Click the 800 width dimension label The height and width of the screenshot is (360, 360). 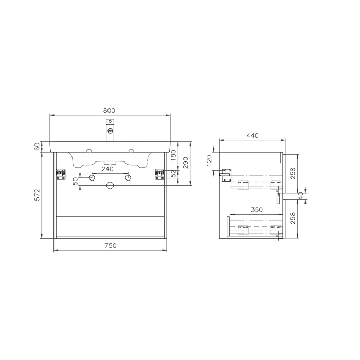tap(109, 110)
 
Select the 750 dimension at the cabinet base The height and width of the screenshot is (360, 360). tap(110, 245)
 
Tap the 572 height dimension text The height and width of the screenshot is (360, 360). tap(37, 194)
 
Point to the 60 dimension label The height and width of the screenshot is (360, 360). tap(37, 147)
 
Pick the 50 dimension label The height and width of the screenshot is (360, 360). tap(75, 181)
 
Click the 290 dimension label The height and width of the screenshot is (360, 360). tap(186, 163)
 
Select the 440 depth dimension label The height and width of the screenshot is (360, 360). tap(252, 135)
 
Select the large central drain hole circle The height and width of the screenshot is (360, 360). tap(110, 186)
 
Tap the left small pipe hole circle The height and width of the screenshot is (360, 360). tap(92, 178)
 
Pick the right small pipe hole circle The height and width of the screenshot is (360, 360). tap(128, 178)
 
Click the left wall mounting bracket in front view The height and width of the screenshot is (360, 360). tap(61, 174)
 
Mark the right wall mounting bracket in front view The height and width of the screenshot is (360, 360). tap(159, 174)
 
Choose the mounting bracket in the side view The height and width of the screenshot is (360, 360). tap(225, 175)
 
